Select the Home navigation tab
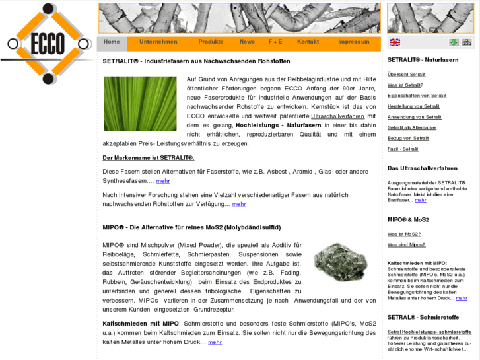tap(112, 42)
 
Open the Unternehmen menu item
tap(158, 42)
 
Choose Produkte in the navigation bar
tap(211, 42)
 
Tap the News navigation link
tap(247, 42)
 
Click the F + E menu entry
tap(275, 42)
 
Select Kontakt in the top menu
tap(308, 42)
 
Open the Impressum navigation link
tap(354, 42)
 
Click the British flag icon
tap(395, 42)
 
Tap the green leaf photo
tap(140, 104)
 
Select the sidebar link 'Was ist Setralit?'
tap(405, 85)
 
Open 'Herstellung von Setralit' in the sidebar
tap(413, 106)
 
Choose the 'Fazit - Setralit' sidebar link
tap(403, 149)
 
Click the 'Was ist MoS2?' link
tap(404, 234)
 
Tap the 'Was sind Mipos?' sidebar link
tap(406, 244)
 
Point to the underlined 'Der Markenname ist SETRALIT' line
tap(149, 158)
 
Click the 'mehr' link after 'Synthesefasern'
tap(163, 181)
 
